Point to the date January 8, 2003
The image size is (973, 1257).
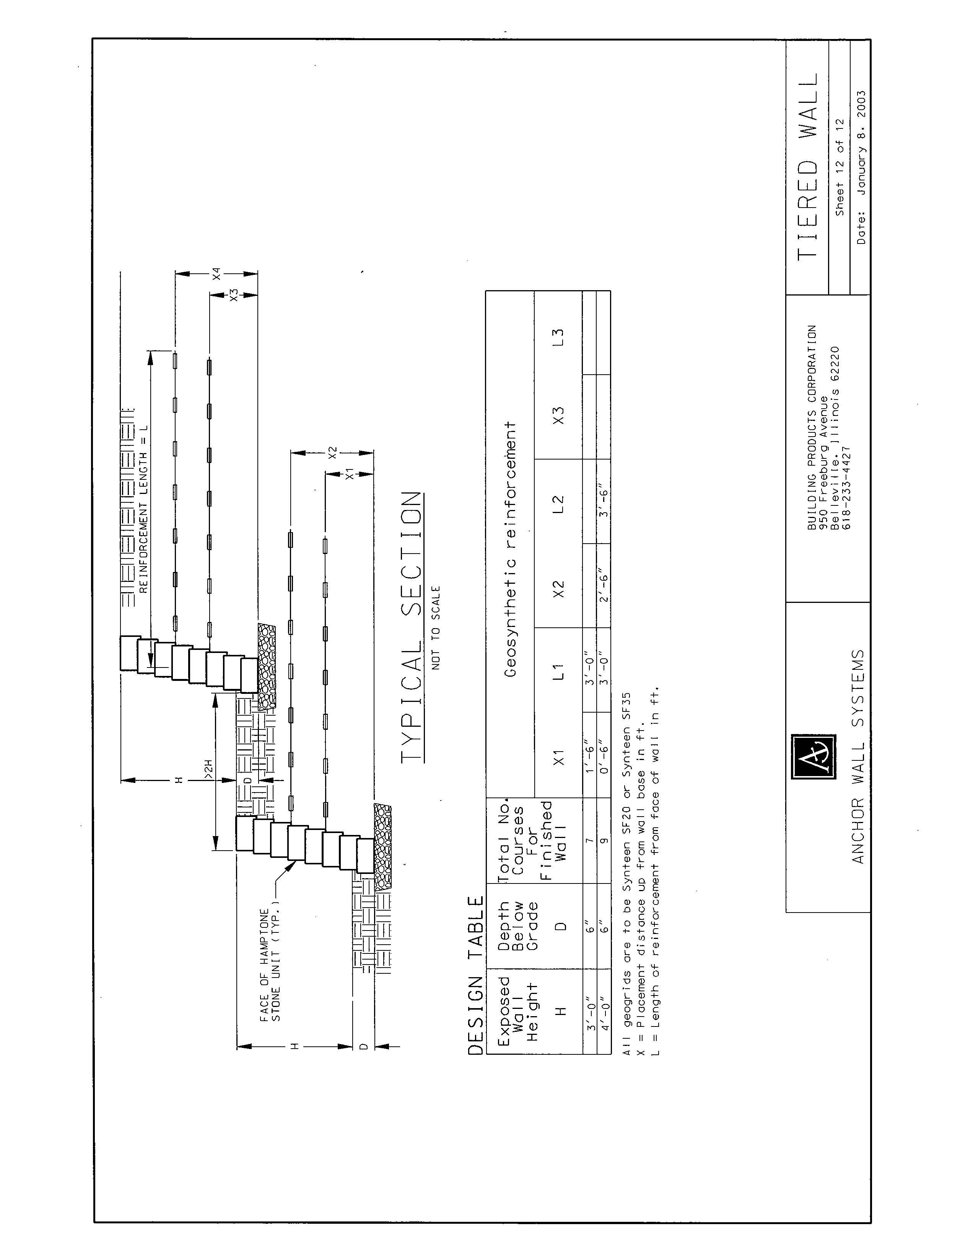pyautogui.click(x=861, y=167)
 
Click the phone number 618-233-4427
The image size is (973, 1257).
pyautogui.click(x=847, y=488)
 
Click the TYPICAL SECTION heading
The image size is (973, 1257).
pyautogui.click(x=411, y=627)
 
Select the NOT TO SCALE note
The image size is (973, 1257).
pyautogui.click(x=436, y=628)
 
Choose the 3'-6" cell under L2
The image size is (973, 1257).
pyautogui.click(x=604, y=501)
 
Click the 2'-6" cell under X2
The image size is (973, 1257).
pyautogui.click(x=604, y=585)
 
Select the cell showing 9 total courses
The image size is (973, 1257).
pyautogui.click(x=604, y=840)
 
